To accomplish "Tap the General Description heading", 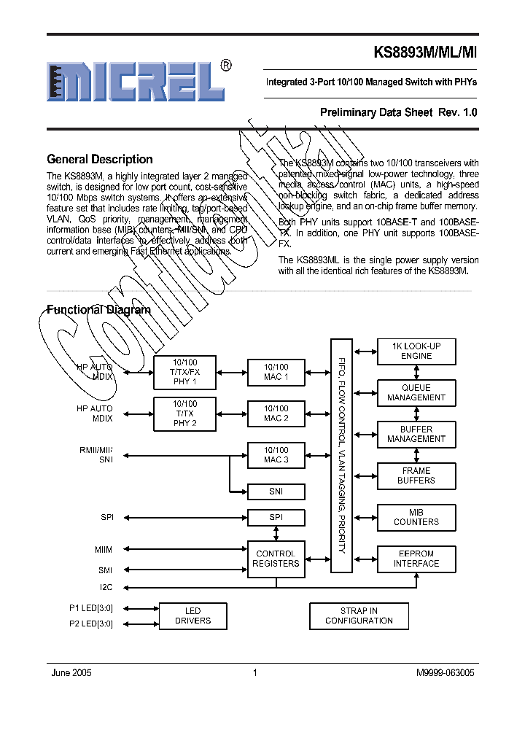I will tap(100, 159).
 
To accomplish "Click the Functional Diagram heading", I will tap(99, 309).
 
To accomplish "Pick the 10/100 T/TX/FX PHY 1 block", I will tap(184, 372).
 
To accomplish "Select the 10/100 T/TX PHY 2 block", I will tap(184, 413).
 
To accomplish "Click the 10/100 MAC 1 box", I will tap(276, 372).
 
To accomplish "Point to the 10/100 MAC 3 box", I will tap(276, 455).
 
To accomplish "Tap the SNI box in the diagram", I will tap(276, 492).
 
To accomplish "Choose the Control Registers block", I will tap(276, 559).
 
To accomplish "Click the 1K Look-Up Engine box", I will tap(416, 351).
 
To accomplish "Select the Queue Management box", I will tap(416, 392).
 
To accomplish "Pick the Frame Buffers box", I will tap(416, 475).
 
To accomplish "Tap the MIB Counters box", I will tap(416, 517).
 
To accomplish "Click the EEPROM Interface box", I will tap(416, 559).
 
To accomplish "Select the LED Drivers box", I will tap(192, 615).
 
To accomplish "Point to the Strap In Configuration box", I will tap(359, 615).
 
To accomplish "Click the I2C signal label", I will tap(106, 586).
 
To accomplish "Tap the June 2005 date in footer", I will tap(71, 673).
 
